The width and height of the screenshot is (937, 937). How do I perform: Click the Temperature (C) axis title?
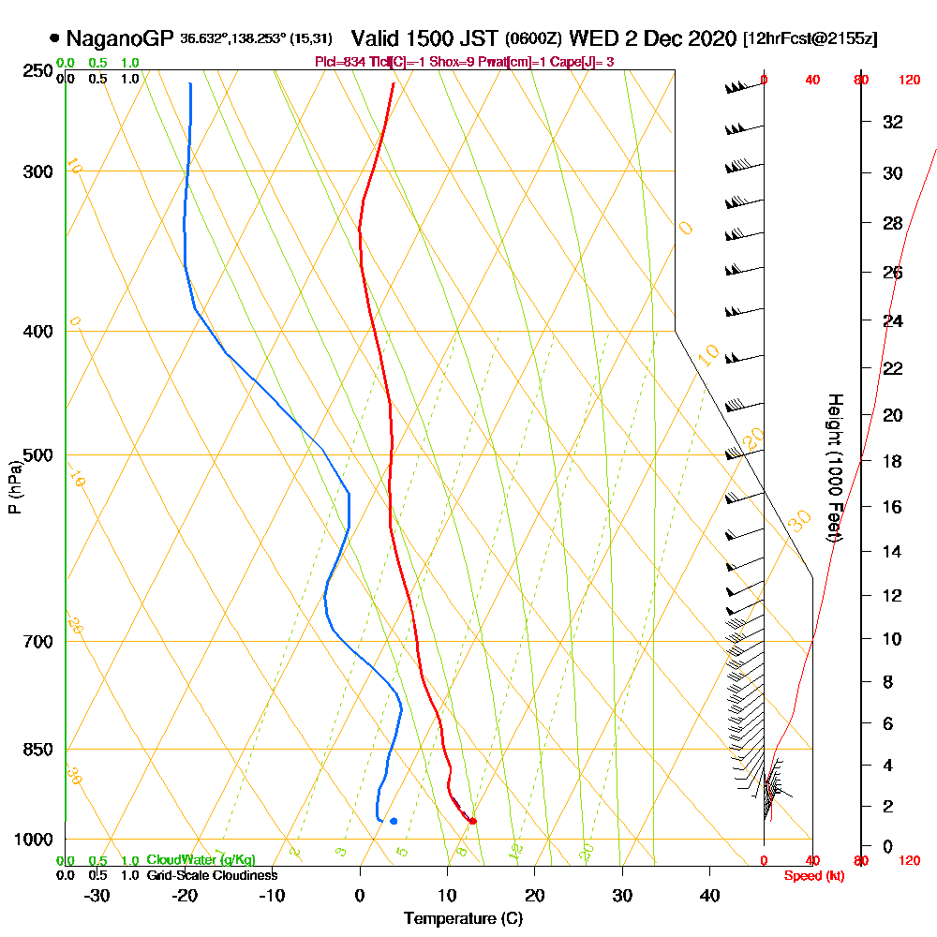(463, 918)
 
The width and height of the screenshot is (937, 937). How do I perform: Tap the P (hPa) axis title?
(14, 487)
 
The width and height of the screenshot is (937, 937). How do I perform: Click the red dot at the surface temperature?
(472, 821)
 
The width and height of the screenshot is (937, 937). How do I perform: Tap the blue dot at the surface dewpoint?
(394, 821)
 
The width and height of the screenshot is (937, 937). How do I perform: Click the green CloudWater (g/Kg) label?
(201, 860)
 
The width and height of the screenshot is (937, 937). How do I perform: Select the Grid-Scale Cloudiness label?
(212, 875)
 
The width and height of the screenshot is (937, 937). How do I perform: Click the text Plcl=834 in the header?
(341, 62)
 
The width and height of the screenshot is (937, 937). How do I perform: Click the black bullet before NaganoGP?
(54, 38)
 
